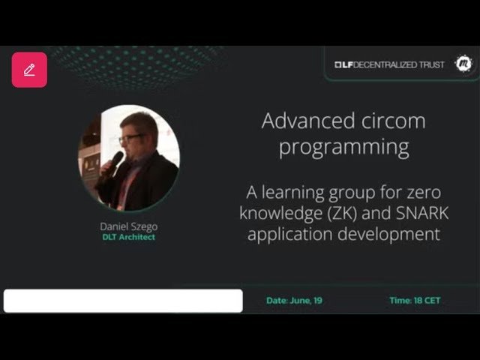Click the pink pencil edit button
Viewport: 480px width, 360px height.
pyautogui.click(x=29, y=70)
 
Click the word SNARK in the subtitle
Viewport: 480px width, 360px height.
pyautogui.click(x=421, y=213)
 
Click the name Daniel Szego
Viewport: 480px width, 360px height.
pyautogui.click(x=128, y=226)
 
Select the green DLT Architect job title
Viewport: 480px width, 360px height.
pyautogui.click(x=128, y=237)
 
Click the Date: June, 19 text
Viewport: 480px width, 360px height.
pyautogui.click(x=294, y=301)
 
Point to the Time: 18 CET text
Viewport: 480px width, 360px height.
pyautogui.click(x=415, y=301)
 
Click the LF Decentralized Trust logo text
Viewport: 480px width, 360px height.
pyautogui.click(x=389, y=65)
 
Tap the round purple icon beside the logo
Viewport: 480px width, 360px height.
pyautogui.click(x=464, y=64)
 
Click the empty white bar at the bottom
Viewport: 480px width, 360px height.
pyautogui.click(x=123, y=301)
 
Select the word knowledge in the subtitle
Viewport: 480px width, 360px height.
pyautogui.click(x=278, y=213)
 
